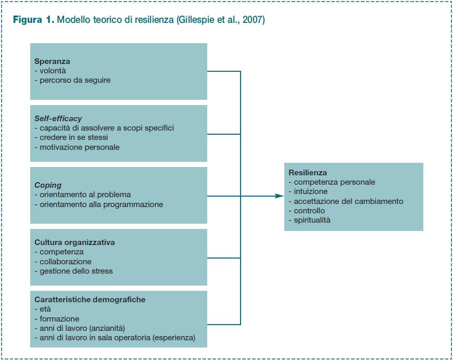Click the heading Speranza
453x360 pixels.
coord(52,61)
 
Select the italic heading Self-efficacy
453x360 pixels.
coord(58,119)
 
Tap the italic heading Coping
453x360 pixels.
coord(48,185)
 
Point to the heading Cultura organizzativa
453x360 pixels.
coord(74,242)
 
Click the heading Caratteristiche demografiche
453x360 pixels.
coord(90,299)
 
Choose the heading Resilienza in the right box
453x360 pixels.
coord(308,173)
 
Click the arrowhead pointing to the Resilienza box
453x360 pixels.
coord(280,196)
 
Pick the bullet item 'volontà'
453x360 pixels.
coord(51,71)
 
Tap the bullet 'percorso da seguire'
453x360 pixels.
coord(72,80)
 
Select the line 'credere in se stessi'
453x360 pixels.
coord(71,137)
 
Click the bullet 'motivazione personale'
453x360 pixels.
coord(77,147)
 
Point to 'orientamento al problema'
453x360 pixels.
coord(83,195)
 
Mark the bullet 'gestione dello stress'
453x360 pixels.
coord(73,271)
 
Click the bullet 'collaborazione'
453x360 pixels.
coord(63,262)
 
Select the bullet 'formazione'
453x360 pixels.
coord(57,319)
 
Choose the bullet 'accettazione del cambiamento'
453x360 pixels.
coord(346,201)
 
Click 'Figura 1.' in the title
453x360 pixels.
coord(33,20)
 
